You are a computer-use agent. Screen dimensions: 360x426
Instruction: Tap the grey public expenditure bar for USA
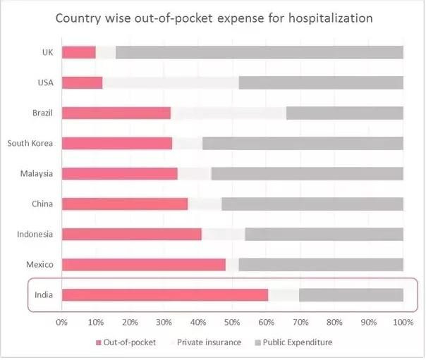pyautogui.click(x=321, y=82)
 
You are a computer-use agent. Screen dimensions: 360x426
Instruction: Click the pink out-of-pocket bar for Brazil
pyautogui.click(x=116, y=113)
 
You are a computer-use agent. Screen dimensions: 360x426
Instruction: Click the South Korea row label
pyautogui.click(x=30, y=143)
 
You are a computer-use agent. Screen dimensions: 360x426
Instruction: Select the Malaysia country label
pyautogui.click(x=37, y=173)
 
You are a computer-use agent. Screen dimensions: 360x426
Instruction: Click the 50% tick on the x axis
pyautogui.click(x=233, y=323)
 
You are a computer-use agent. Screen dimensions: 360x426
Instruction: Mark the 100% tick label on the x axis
pyautogui.click(x=403, y=323)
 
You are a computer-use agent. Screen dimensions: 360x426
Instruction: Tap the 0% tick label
pyautogui.click(x=62, y=323)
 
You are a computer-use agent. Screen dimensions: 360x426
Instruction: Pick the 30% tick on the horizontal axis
pyautogui.click(x=164, y=323)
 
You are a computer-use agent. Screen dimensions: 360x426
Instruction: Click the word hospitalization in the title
pyautogui.click(x=330, y=18)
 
